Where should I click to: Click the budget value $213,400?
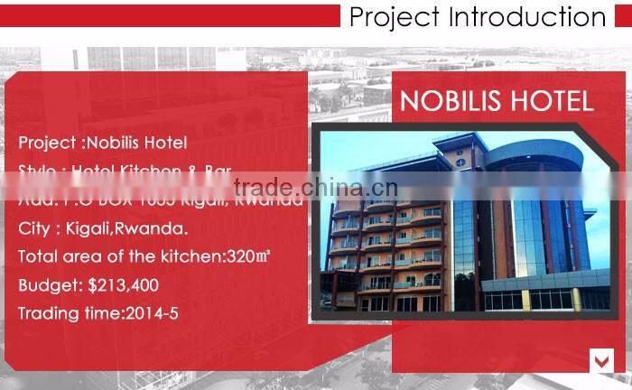click(x=123, y=285)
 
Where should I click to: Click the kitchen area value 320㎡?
click(x=246, y=256)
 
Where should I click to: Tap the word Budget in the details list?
click(x=49, y=285)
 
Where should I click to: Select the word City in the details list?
click(x=33, y=227)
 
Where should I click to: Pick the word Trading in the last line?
click(x=47, y=313)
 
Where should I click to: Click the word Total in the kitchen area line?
click(x=37, y=256)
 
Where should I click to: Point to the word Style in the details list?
click(x=37, y=170)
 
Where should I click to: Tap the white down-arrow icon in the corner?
click(x=601, y=360)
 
